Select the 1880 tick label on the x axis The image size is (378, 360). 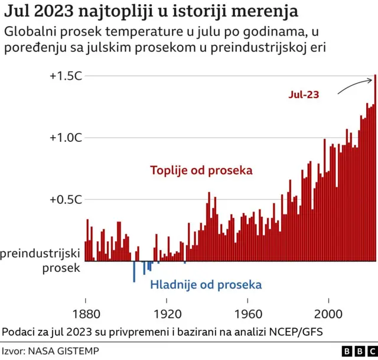point(86,313)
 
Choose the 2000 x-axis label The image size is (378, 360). point(328,313)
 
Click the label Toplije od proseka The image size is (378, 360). point(201,170)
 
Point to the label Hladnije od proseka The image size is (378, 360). point(206,285)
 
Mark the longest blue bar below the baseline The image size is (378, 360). point(134,271)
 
